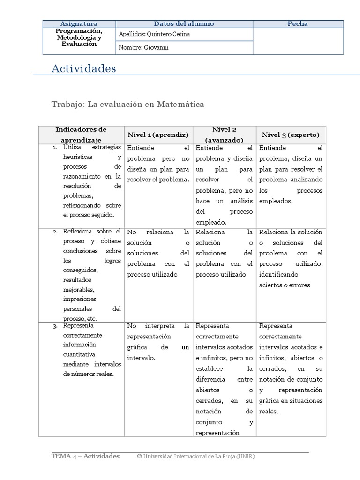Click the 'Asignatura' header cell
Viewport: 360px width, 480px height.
click(79, 24)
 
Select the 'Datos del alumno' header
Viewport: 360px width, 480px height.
click(184, 24)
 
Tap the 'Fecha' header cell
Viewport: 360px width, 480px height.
click(298, 24)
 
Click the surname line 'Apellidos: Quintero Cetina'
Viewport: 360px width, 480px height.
click(155, 34)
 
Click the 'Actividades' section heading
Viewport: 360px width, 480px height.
click(83, 69)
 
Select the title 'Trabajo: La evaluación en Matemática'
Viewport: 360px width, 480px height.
click(127, 104)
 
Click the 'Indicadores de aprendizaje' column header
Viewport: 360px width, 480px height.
click(81, 134)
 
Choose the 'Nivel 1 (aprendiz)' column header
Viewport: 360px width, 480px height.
click(158, 135)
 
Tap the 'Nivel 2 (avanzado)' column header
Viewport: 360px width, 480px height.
click(224, 135)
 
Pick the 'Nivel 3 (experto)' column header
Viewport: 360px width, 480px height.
click(291, 135)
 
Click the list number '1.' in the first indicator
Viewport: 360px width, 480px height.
click(54, 148)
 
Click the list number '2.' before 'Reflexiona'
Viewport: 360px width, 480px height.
click(55, 232)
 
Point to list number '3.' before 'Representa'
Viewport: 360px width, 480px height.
click(55, 325)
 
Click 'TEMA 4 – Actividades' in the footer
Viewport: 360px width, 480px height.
click(85, 456)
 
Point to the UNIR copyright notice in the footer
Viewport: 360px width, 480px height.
click(196, 456)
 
